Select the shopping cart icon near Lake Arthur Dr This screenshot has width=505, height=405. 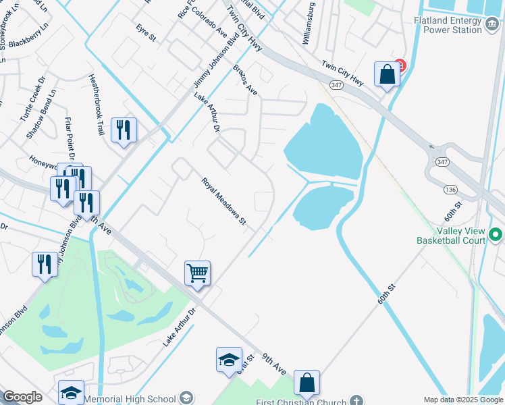tap(197, 273)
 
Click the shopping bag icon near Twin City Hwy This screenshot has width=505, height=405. tap(387, 74)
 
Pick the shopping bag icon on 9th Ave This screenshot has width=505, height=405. tap(307, 382)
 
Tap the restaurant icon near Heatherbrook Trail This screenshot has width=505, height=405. tap(124, 130)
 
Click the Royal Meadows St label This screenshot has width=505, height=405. tap(222, 202)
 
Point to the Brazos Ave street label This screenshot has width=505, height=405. tap(246, 80)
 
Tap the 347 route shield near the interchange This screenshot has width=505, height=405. tap(442, 162)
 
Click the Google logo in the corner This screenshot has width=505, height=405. tap(22, 397)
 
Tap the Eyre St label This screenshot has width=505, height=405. tap(145, 33)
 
